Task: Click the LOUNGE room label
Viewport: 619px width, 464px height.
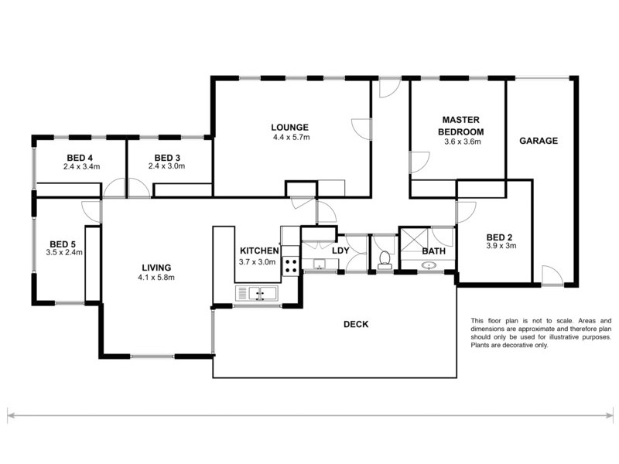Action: pyautogui.click(x=290, y=128)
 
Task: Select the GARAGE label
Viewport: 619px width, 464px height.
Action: pyautogui.click(x=539, y=141)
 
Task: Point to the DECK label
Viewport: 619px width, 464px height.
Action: pyautogui.click(x=356, y=324)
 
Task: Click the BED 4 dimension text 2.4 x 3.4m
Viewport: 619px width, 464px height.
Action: pyautogui.click(x=80, y=165)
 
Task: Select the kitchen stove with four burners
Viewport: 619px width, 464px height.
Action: pyautogui.click(x=292, y=266)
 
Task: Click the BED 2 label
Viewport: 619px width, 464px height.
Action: pyautogui.click(x=501, y=237)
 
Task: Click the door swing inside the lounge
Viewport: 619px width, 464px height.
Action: pyautogui.click(x=361, y=129)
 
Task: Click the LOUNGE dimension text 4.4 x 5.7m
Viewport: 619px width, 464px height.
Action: pyautogui.click(x=290, y=138)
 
